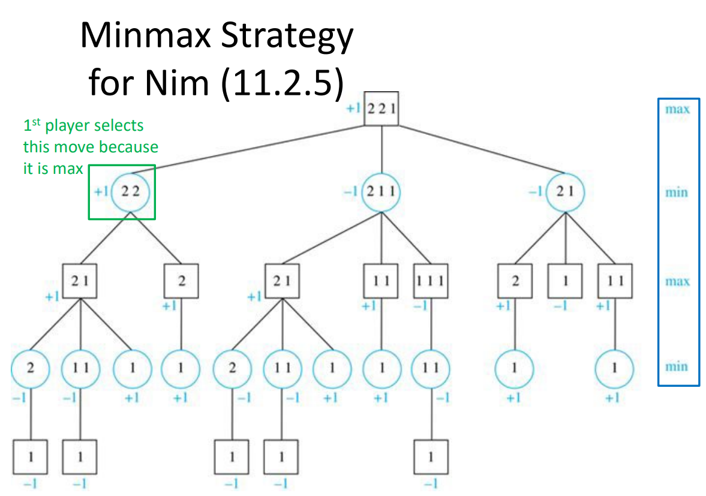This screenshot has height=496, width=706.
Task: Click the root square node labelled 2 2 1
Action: click(381, 109)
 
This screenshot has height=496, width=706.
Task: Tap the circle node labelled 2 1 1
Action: click(381, 191)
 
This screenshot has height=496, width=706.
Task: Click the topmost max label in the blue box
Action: click(677, 109)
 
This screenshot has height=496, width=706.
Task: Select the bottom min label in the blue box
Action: click(677, 366)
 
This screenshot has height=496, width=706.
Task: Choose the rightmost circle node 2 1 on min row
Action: click(564, 191)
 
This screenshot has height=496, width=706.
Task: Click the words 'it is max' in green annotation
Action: click(53, 169)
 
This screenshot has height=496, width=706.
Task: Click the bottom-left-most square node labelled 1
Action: click(30, 457)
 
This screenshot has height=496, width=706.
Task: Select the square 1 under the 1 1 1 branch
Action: click(431, 457)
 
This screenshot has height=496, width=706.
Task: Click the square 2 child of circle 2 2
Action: click(182, 281)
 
